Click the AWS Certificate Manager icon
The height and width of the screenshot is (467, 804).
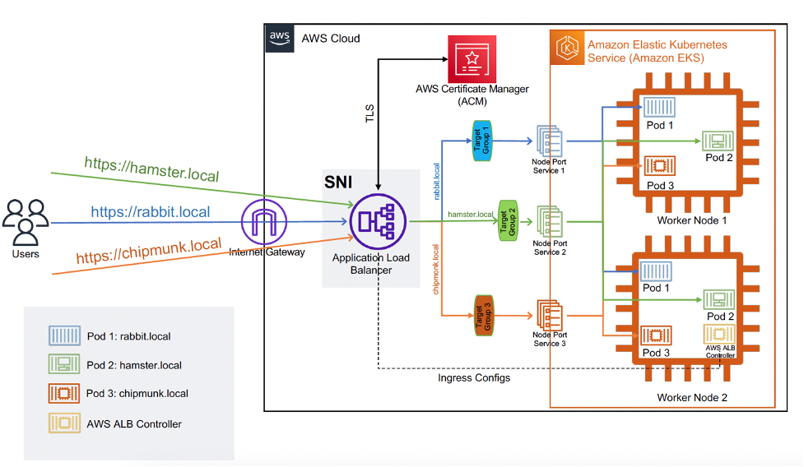472,59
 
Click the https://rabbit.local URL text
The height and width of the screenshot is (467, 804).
150,212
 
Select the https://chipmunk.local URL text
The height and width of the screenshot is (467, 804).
149,253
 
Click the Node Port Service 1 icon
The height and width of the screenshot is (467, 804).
549,140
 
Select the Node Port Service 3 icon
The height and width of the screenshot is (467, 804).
549,315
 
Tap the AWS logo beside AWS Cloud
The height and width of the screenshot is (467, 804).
279,38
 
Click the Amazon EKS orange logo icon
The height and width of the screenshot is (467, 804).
567,49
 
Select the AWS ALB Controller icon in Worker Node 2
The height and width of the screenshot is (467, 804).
717,335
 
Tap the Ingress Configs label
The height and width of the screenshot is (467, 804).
474,377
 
